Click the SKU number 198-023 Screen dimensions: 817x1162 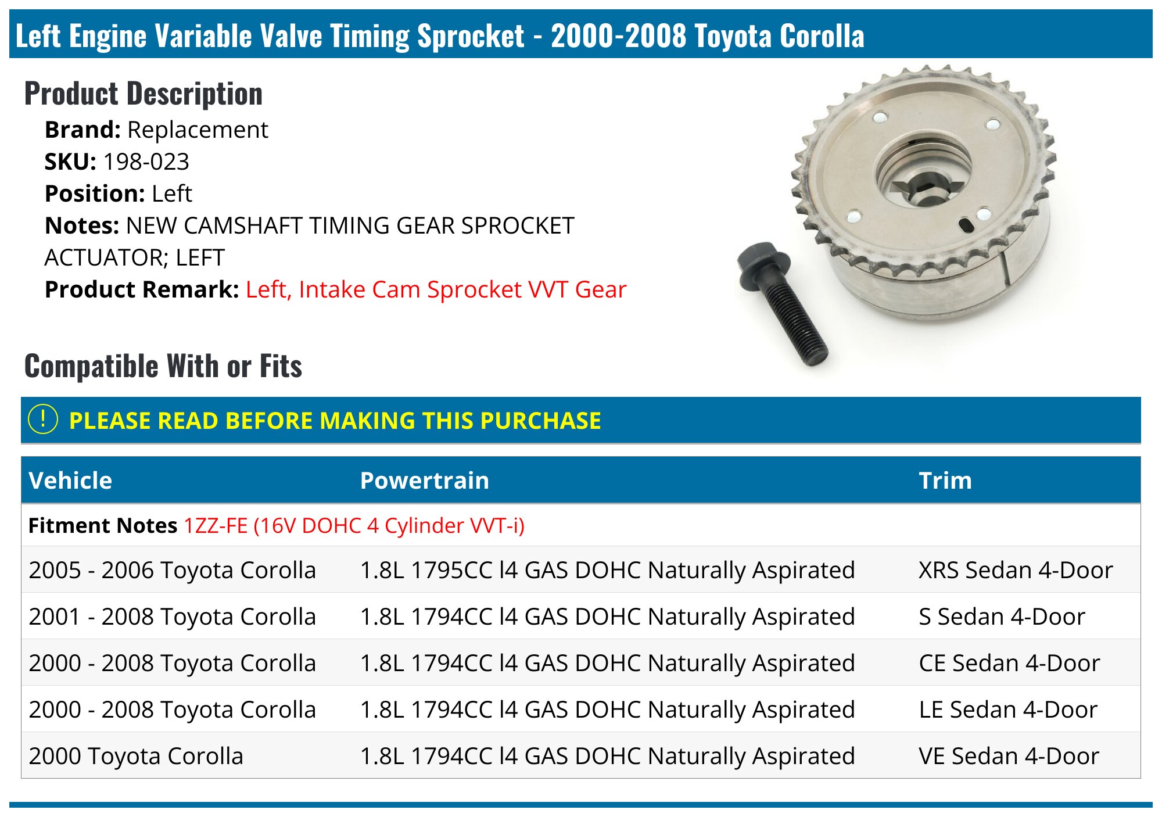pos(146,162)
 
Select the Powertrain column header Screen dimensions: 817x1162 pos(424,481)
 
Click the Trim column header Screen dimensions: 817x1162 pos(945,481)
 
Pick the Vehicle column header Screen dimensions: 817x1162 pos(70,481)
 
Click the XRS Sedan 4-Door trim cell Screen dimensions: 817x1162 pos(1015,570)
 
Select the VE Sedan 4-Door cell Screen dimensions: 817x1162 pos(1009,756)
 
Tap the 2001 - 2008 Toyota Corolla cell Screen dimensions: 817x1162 pos(172,617)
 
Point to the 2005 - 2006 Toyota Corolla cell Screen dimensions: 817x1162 pos(172,570)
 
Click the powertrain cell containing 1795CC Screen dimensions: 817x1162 pos(607,570)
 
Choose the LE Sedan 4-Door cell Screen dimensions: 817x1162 pos(1008,709)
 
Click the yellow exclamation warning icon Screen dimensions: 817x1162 pos(43,420)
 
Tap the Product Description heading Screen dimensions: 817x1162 pos(144,94)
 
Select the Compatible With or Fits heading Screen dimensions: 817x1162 pos(163,366)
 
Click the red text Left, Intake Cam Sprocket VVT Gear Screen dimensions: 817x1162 pos(436,289)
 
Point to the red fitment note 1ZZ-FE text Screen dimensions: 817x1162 pos(354,525)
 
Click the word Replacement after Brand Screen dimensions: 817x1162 pos(198,130)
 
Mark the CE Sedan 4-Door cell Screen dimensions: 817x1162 pos(1009,663)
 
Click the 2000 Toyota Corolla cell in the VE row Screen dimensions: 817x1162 pos(136,756)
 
